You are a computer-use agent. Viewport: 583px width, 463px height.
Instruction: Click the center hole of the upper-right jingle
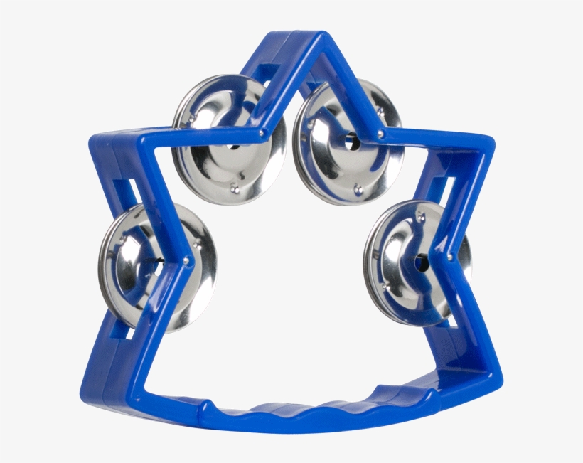[x=350, y=141]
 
